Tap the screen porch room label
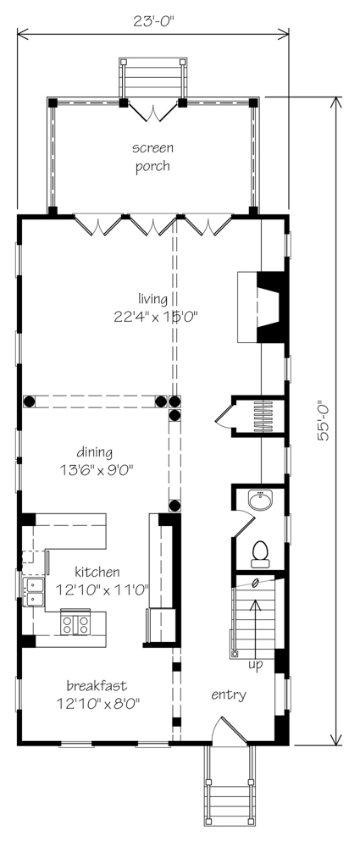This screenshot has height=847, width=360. pyautogui.click(x=152, y=157)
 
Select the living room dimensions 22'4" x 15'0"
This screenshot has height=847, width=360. pyautogui.click(x=153, y=317)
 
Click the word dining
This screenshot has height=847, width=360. pyautogui.click(x=94, y=451)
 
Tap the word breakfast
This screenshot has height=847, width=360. pyautogui.click(x=97, y=686)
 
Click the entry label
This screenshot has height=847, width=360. pyautogui.click(x=229, y=695)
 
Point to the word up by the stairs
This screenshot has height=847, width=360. pyautogui.click(x=255, y=665)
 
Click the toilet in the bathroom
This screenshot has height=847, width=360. pyautogui.click(x=261, y=554)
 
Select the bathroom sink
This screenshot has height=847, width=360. pyautogui.click(x=262, y=500)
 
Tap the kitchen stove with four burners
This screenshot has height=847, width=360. pyautogui.click(x=75, y=623)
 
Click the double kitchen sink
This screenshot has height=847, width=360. pyautogui.click(x=34, y=591)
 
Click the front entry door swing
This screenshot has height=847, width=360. pyautogui.click(x=230, y=730)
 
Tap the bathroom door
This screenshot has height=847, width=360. pyautogui.click(x=243, y=523)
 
